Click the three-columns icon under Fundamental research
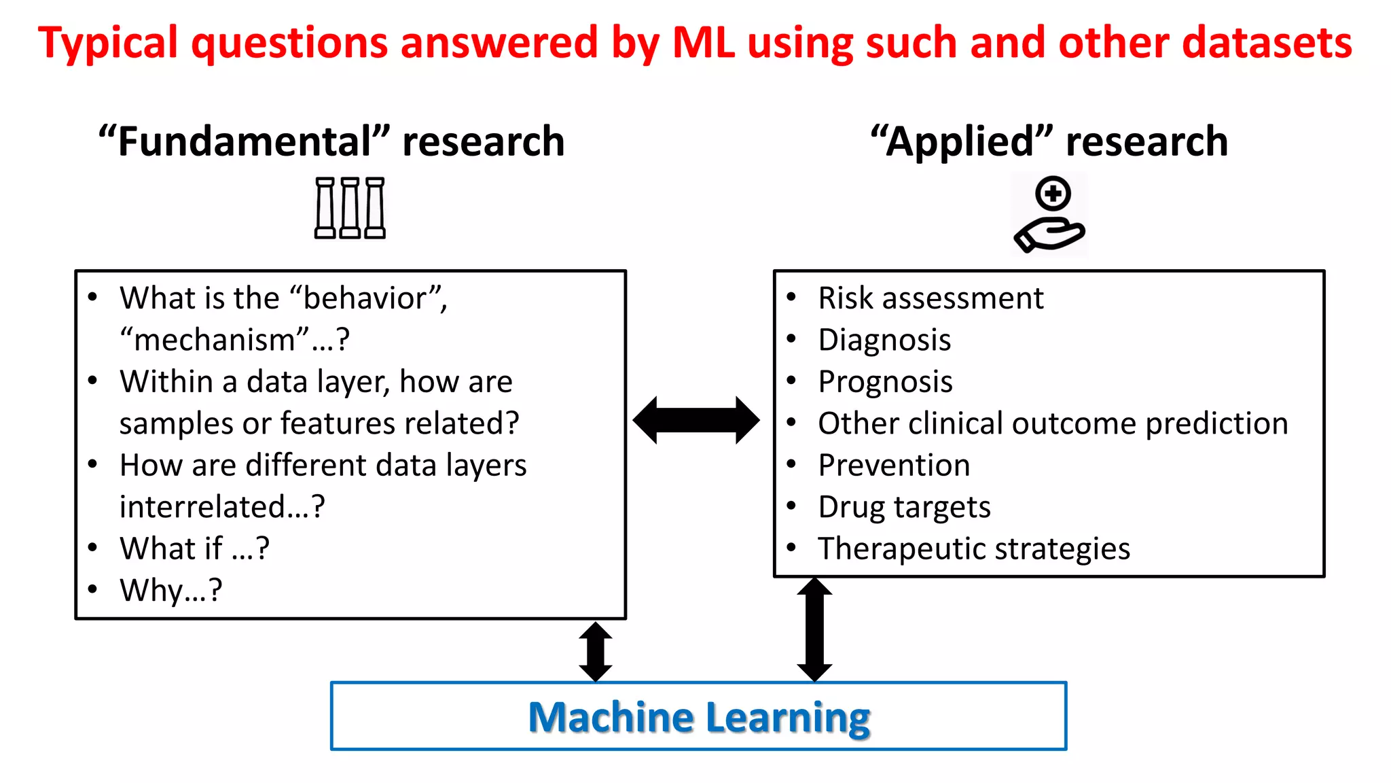[350, 208]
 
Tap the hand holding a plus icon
[1049, 215]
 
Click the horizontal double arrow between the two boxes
[695, 420]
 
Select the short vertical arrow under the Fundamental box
[596, 652]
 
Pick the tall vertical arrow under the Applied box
[814, 629]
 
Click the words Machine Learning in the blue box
[699, 718]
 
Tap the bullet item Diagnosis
[884, 340]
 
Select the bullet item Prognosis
[885, 382]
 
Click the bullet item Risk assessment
[931, 298]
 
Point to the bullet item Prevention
[894, 466]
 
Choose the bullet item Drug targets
[904, 507]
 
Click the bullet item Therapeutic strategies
[974, 549]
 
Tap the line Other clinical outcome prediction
[1053, 423]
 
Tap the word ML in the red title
[703, 42]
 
